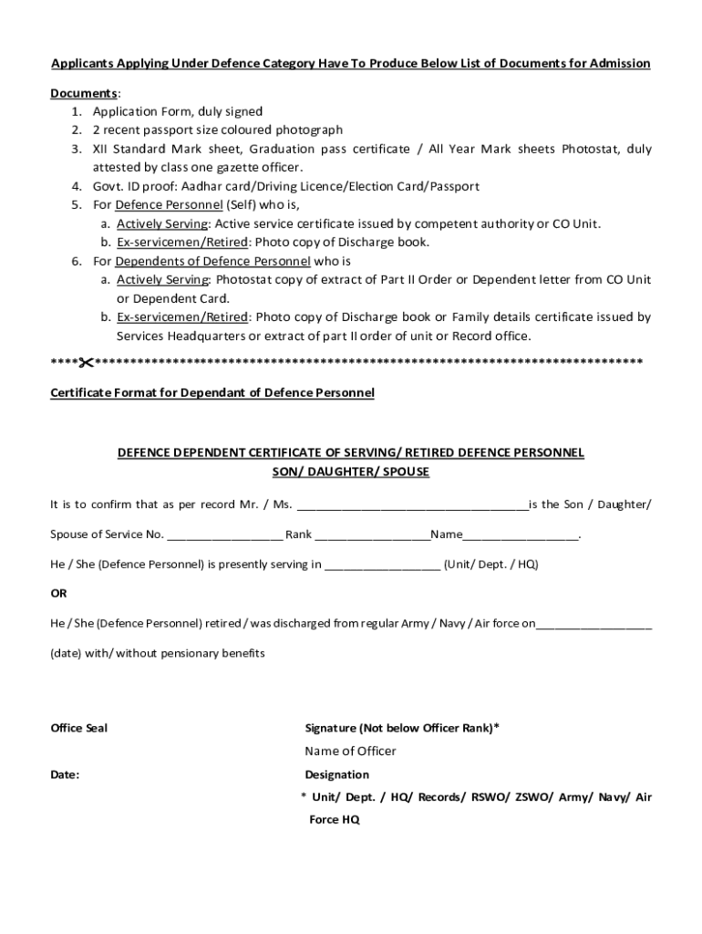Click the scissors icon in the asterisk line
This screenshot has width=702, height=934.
(86, 364)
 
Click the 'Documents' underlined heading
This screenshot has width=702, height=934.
(83, 94)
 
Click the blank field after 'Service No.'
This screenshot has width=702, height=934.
(224, 534)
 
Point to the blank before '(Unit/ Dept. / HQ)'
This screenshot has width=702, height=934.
(382, 565)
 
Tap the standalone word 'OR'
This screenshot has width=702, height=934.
(58, 593)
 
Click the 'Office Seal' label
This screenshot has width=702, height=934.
(78, 728)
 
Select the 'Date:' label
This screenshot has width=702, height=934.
(65, 774)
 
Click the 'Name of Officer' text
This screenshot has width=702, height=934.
(350, 751)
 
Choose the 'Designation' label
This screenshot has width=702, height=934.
(336, 774)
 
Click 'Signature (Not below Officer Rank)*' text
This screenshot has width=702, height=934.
(401, 728)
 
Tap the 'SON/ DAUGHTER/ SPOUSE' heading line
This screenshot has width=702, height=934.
(351, 472)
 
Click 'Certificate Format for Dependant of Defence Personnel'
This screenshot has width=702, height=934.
(212, 393)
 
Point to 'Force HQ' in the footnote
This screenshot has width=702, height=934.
(335, 820)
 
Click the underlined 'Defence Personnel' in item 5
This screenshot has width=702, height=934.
(169, 205)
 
